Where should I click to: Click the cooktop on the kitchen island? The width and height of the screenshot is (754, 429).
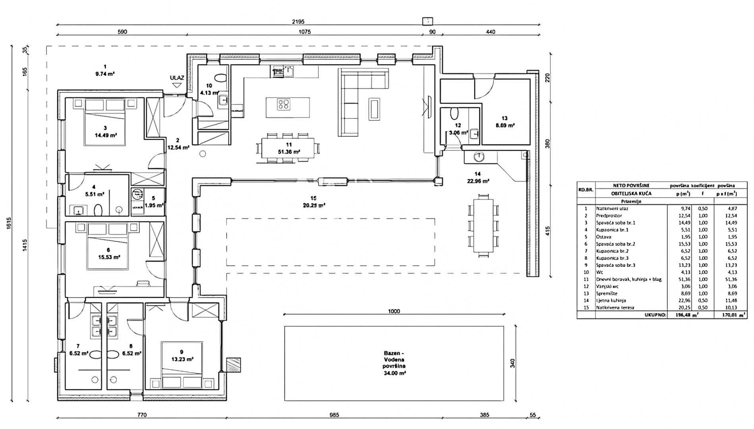pyautogui.click(x=284, y=105)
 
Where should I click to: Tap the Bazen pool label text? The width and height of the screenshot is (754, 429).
pyautogui.click(x=394, y=363)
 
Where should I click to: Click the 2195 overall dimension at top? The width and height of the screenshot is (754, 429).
pyautogui.click(x=299, y=22)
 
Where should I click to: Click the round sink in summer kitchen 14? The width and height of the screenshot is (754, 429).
pyautogui.click(x=479, y=157)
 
